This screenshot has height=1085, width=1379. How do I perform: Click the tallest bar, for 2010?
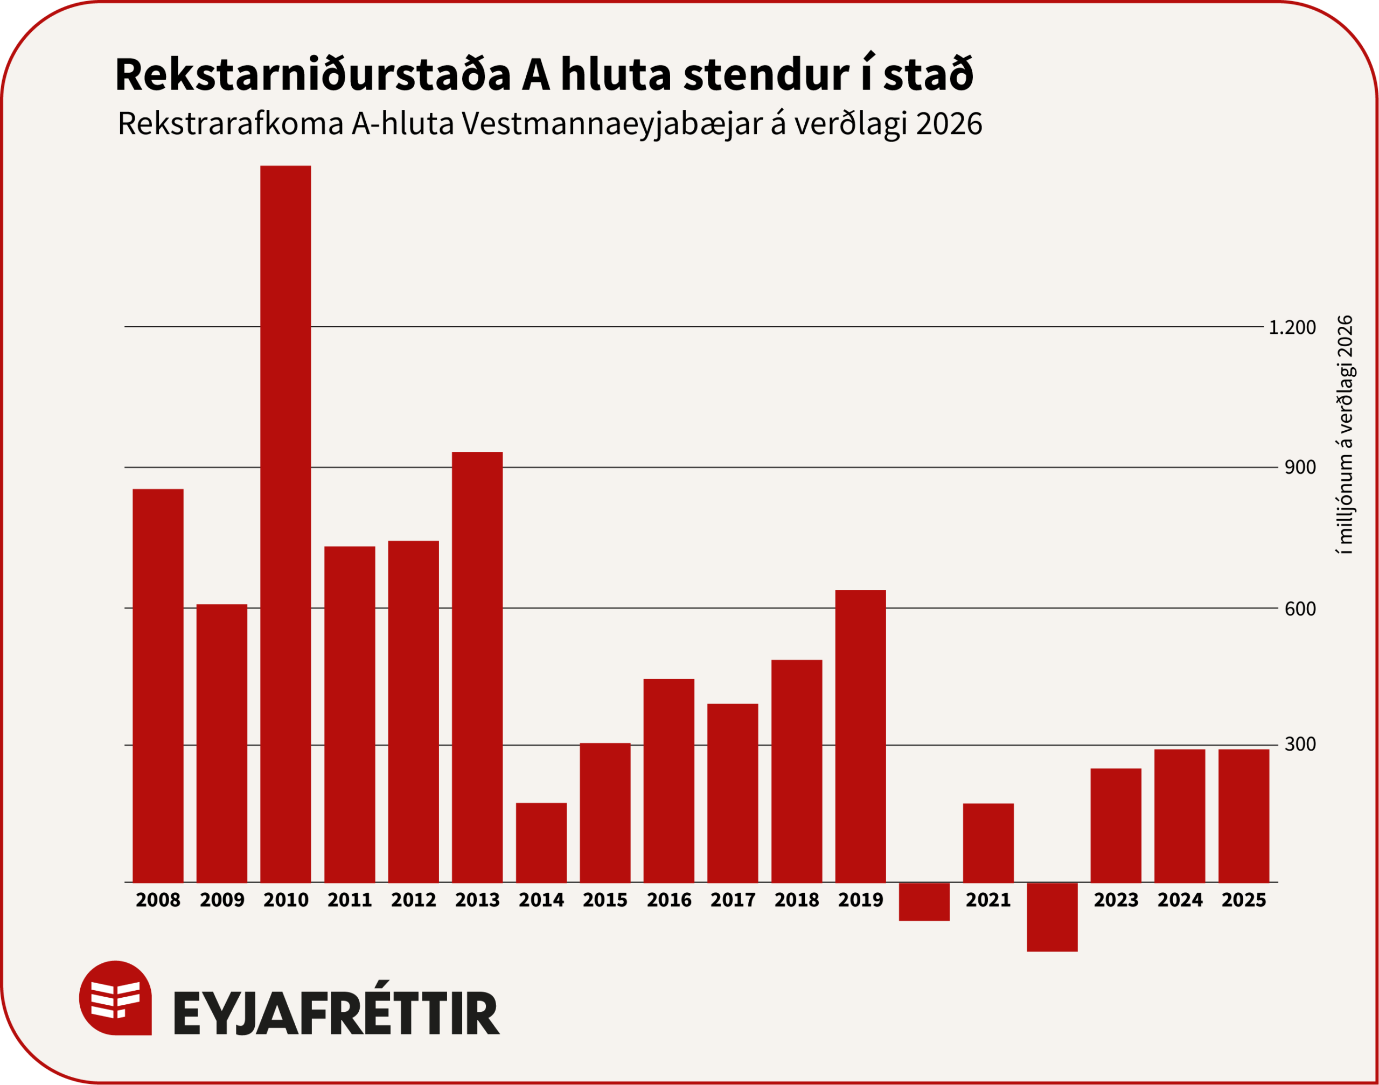click(x=285, y=524)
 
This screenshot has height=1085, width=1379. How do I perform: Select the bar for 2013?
click(x=477, y=667)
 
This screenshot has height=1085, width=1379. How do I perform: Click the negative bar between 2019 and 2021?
click(x=924, y=901)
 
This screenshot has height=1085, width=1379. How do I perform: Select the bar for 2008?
click(x=158, y=685)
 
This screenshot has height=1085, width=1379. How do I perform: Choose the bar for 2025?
click(x=1244, y=816)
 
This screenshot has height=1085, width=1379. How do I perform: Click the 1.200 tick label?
click(x=1292, y=328)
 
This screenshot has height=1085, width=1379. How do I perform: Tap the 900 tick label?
click(x=1300, y=467)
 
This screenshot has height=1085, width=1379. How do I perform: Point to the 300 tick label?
click(x=1300, y=745)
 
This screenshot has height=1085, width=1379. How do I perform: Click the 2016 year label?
click(x=669, y=900)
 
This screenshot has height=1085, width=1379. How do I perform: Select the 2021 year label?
click(x=988, y=900)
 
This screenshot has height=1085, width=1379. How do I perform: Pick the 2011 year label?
click(x=350, y=900)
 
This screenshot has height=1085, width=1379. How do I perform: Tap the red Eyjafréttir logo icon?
click(x=116, y=997)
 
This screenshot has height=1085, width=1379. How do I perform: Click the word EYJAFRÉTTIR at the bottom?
click(x=337, y=1014)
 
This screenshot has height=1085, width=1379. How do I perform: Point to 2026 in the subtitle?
click(x=949, y=124)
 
